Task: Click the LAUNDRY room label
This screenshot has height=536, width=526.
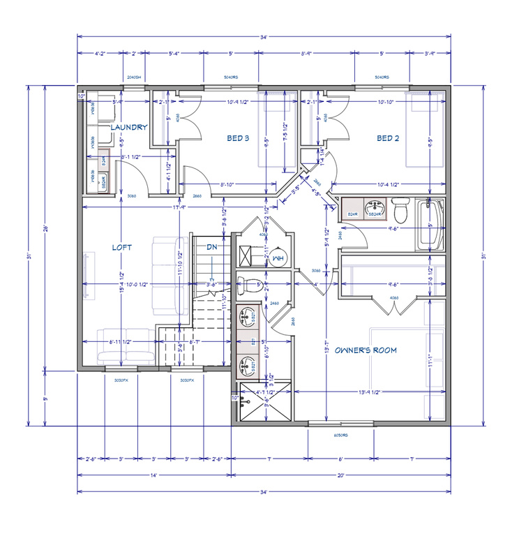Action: (x=128, y=127)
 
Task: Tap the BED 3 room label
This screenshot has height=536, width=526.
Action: (x=238, y=138)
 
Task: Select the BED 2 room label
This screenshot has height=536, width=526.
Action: (x=388, y=138)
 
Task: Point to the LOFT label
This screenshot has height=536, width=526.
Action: (x=121, y=247)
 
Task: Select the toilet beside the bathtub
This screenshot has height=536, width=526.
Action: (x=400, y=209)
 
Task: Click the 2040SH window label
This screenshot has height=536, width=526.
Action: (x=134, y=77)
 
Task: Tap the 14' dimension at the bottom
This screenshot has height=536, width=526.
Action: (x=153, y=475)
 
